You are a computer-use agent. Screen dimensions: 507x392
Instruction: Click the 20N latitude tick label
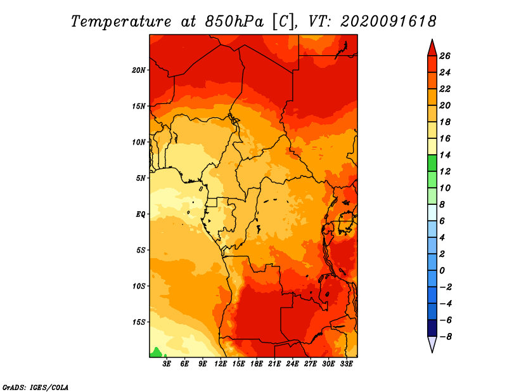click(138, 70)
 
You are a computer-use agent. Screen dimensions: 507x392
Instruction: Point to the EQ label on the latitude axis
click(141, 214)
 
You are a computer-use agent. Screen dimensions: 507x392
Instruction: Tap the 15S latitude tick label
click(139, 322)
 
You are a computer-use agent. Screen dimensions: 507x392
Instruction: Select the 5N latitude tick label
click(141, 178)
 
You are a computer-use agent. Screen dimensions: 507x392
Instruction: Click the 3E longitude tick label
click(167, 364)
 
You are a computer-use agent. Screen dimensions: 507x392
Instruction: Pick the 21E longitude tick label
click(274, 364)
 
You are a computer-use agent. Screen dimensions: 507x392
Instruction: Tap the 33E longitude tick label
click(346, 364)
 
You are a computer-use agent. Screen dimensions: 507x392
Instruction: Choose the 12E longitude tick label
click(221, 364)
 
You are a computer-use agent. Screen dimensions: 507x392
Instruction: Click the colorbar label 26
click(445, 56)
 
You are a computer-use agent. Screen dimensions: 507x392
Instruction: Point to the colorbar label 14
click(445, 155)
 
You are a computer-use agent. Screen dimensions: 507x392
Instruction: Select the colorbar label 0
click(442, 271)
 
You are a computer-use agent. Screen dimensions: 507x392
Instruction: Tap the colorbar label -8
click(446, 337)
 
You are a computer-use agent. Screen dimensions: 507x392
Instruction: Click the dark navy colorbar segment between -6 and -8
click(432, 328)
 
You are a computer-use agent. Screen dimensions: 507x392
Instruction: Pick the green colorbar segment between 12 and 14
click(432, 163)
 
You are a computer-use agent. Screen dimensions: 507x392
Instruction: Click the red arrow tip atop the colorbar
click(432, 39)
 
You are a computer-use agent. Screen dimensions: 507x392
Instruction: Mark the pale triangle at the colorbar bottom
click(432, 344)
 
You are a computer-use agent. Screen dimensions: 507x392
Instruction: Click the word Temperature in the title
click(121, 22)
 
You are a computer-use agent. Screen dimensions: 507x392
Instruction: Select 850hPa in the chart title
click(234, 22)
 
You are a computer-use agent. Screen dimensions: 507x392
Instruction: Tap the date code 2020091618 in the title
click(388, 22)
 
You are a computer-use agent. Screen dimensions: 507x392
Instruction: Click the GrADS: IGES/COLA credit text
click(35, 388)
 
